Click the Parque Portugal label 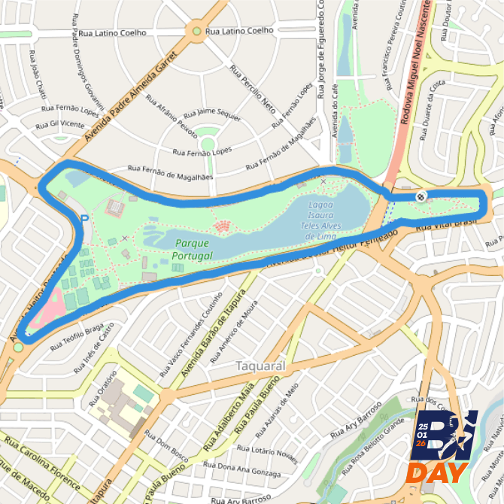point(192,249)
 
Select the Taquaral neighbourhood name point(261,366)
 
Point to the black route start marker point(421,196)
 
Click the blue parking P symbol point(84,219)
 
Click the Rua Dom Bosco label point(166,445)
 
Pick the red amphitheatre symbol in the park point(223,226)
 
